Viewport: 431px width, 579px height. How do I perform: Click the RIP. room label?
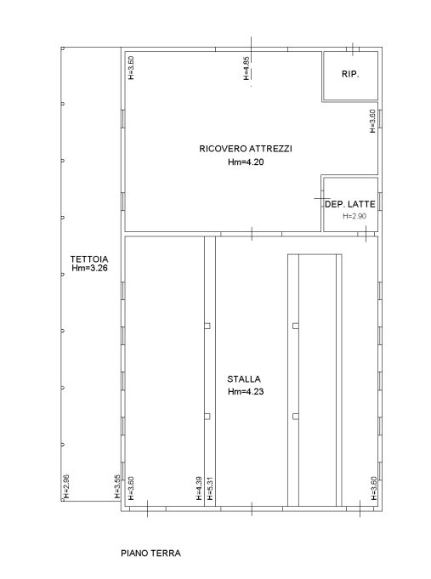coord(350,74)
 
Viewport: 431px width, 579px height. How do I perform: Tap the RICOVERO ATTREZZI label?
coord(246,149)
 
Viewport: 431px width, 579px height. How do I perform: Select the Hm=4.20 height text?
coord(246,162)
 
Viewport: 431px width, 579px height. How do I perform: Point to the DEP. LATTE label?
coord(349,204)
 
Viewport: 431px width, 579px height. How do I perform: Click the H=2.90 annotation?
coord(354,216)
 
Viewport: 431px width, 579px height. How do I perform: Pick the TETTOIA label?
coord(89,259)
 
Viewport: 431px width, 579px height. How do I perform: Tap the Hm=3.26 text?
coord(89,268)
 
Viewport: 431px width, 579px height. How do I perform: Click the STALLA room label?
coord(244,379)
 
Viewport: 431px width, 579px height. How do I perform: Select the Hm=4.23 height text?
coord(246,391)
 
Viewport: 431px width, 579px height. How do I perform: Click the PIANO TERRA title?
coord(150,553)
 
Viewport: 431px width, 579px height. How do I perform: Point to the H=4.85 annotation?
coord(247,68)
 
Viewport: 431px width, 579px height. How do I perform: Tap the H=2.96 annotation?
coord(66,486)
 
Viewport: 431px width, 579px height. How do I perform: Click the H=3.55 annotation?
coord(117,486)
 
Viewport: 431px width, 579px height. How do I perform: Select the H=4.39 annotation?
coord(199,488)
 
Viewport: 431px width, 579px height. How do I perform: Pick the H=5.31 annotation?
coord(210,488)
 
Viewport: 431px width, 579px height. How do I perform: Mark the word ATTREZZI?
coord(270,149)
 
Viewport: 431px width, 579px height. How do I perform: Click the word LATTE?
coord(361,204)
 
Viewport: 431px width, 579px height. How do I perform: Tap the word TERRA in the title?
coord(167,553)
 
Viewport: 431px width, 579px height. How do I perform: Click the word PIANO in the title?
coord(135,553)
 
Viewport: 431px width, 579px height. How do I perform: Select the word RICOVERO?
coord(223,149)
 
